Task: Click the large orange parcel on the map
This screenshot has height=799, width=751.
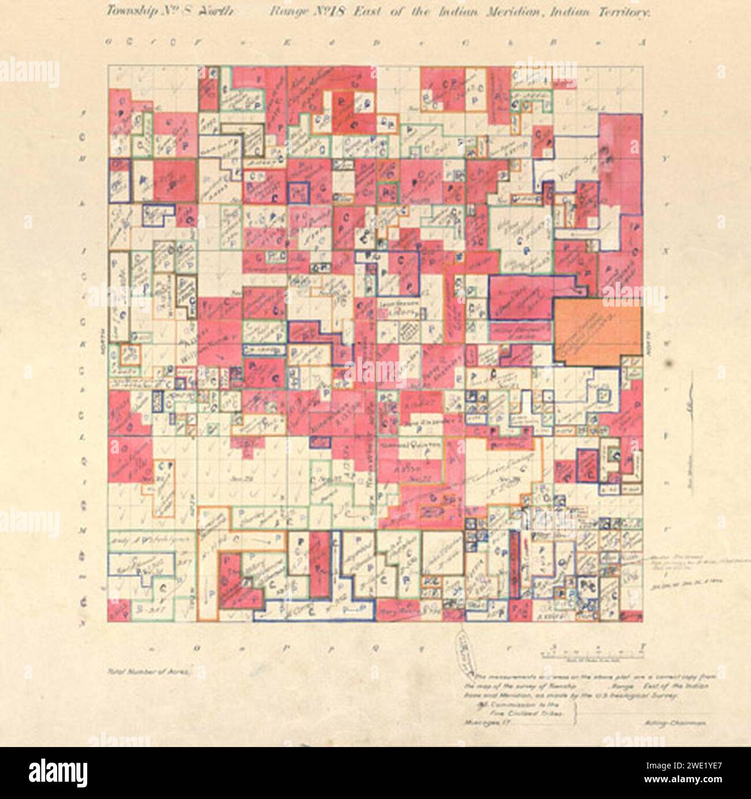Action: point(598,332)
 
